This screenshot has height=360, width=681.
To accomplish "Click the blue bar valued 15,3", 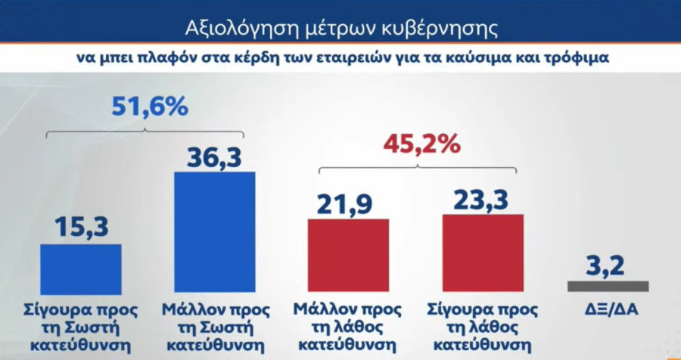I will coord(81,268).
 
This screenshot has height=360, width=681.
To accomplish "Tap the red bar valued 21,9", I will coord(348,256).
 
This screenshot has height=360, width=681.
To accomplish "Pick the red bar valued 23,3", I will coord(483,253).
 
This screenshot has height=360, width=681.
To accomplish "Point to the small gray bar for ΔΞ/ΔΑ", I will coord(608,286).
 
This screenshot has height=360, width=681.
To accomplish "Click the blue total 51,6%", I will coord(149,107).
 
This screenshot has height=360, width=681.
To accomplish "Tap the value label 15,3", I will coord(80,226).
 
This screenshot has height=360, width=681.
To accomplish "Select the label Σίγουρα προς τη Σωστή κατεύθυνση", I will coord(80,327).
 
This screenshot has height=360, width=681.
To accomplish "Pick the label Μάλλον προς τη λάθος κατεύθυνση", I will coord(347,327).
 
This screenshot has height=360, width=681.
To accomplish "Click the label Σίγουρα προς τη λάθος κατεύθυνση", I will coord(482,327).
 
